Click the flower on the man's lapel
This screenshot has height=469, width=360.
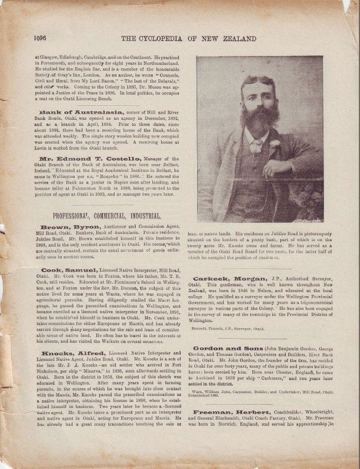[x=275, y=144]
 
